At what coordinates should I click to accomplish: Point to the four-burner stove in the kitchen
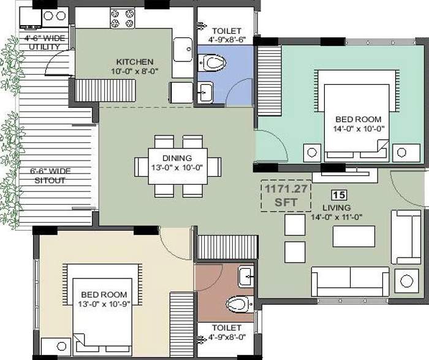pyautogui.click(x=123, y=18)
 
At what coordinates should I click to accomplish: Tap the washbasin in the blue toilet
pyautogui.click(x=205, y=93)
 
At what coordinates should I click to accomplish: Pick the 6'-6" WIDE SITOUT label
pyautogui.click(x=49, y=176)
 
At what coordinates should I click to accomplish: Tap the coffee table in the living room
pyautogui.click(x=354, y=236)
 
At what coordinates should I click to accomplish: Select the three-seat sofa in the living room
pyautogui.click(x=349, y=280)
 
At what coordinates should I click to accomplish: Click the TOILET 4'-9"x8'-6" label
pyautogui.click(x=227, y=35)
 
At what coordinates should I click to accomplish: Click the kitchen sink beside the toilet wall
pyautogui.click(x=183, y=50)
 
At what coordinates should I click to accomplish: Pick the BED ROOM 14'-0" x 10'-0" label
pyautogui.click(x=359, y=124)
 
